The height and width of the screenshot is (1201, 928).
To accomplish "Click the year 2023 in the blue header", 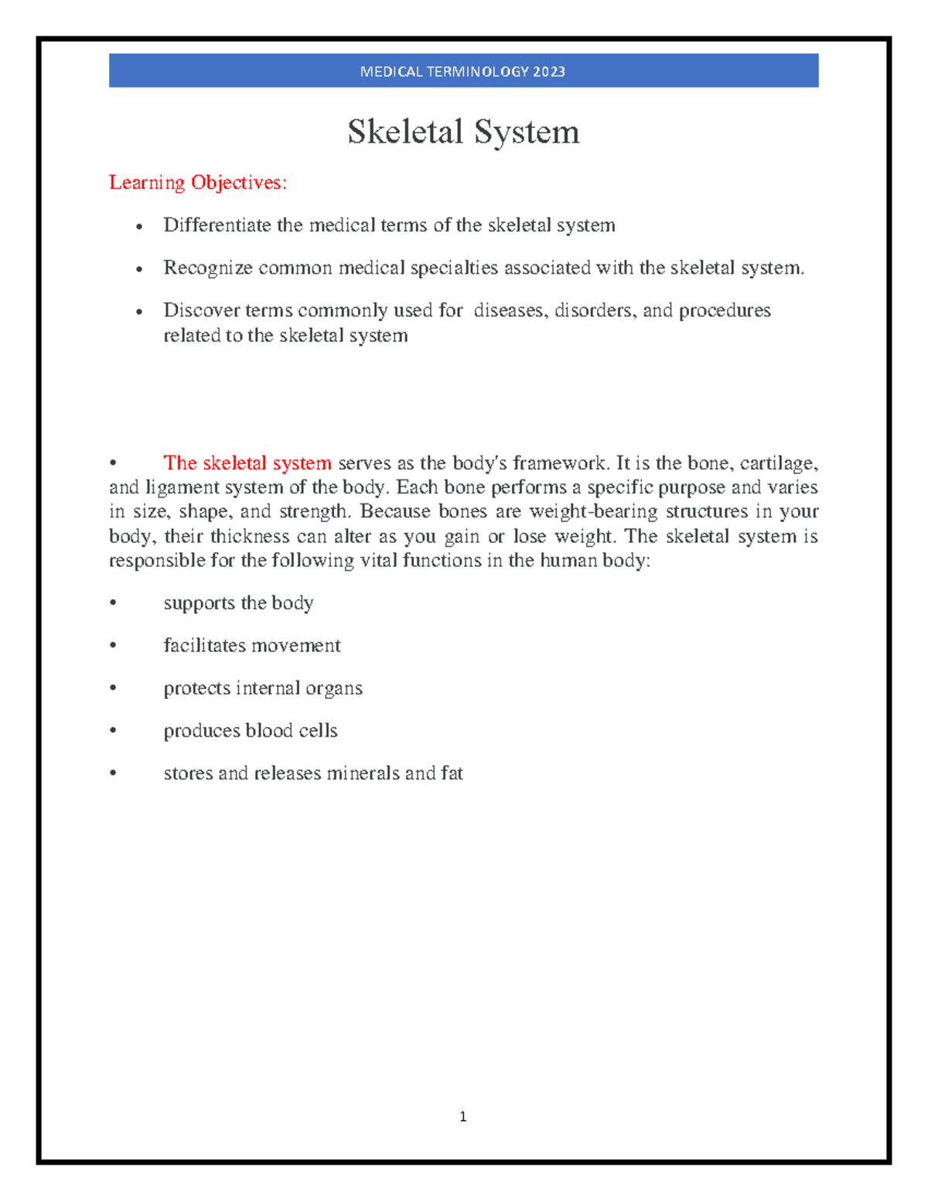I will point(548,72).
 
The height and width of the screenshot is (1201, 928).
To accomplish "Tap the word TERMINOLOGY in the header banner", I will point(476,72).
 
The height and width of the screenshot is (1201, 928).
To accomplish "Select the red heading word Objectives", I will point(239,183).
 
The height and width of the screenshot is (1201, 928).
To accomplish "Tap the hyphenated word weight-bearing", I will point(593,512).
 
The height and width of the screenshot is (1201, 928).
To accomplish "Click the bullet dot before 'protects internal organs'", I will point(114,688).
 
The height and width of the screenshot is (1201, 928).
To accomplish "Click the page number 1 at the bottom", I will point(462,1116).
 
